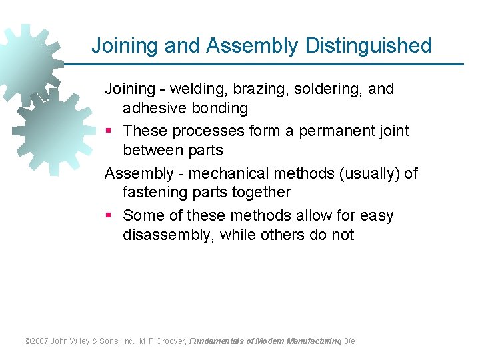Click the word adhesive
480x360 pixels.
point(152,107)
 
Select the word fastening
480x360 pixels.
point(154,192)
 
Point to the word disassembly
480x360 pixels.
point(167,235)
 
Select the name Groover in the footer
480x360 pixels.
point(171,341)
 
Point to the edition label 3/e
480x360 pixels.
point(349,341)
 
